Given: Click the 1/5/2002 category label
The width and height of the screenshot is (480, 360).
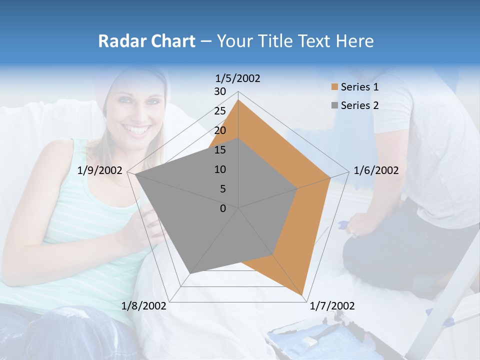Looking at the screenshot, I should (x=238, y=78).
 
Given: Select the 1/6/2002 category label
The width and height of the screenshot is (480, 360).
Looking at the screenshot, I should (x=376, y=170).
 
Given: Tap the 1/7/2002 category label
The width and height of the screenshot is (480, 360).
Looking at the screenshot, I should (x=332, y=305).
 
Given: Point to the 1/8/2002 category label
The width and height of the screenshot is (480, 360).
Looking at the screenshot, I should (x=144, y=305).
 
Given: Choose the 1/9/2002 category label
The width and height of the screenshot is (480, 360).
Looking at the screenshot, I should (x=100, y=170).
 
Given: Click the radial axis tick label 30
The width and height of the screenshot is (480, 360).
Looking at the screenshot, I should (x=220, y=91).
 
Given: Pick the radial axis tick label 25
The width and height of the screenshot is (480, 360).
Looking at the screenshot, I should (x=220, y=111).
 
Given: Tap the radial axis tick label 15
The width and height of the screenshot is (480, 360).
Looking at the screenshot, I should (x=220, y=150).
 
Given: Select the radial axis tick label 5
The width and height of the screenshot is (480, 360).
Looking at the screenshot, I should (x=222, y=189).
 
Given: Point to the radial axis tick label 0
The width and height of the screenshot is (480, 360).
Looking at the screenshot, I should (x=223, y=208).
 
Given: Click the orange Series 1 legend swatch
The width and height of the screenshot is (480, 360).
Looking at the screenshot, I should (x=334, y=87).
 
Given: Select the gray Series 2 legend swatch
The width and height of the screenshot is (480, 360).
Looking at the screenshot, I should (x=334, y=105).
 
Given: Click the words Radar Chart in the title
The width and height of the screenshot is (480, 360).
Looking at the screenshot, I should (x=146, y=41).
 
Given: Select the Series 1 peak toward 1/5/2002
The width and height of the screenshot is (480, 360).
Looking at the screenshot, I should (x=238, y=99).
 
